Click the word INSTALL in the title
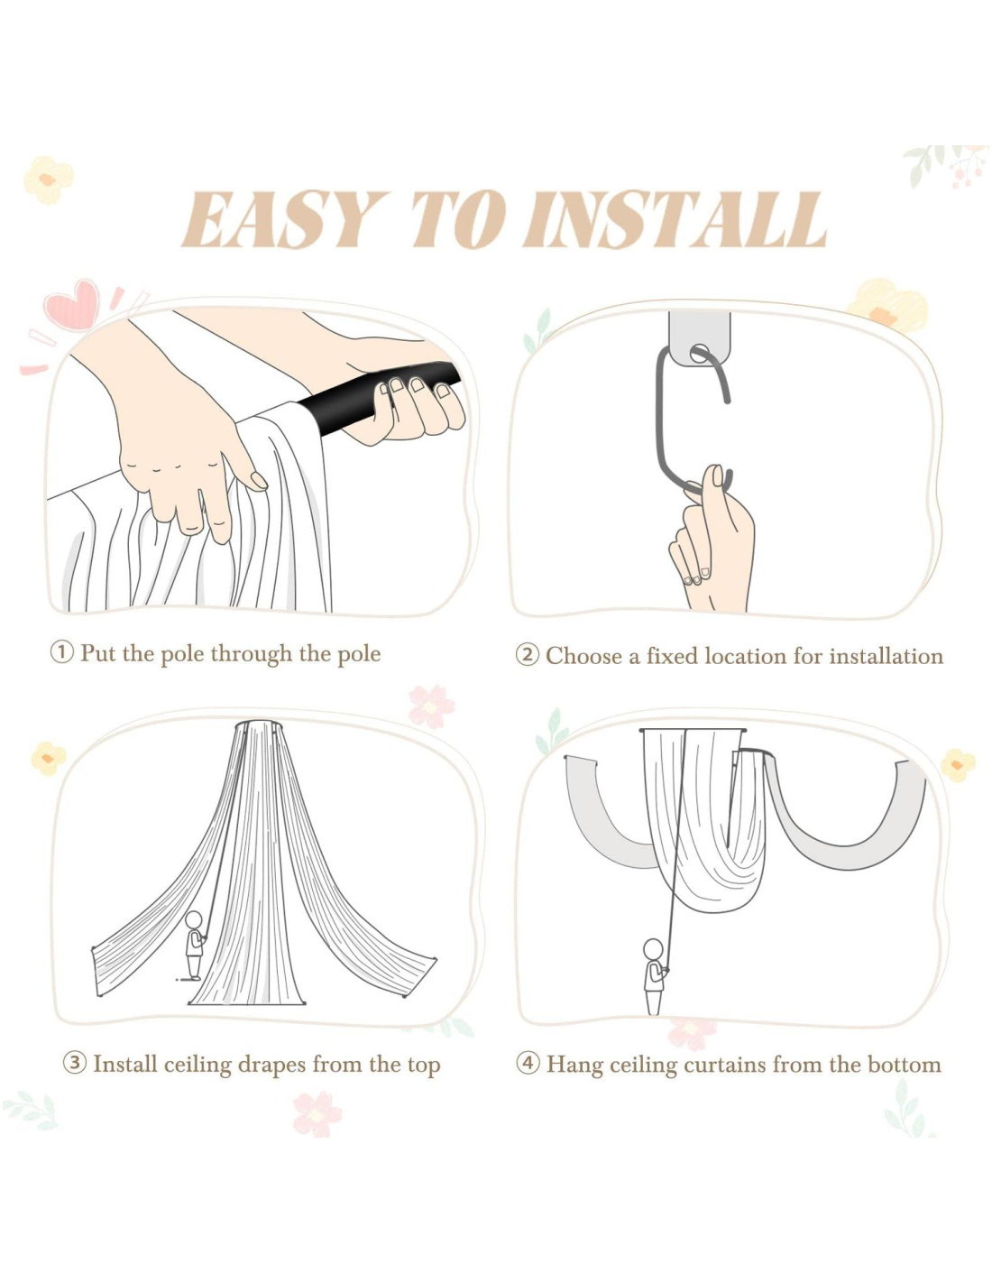(674, 219)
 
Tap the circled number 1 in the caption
(61, 653)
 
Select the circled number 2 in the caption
(527, 655)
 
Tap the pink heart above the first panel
(73, 304)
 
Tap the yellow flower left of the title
(49, 180)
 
